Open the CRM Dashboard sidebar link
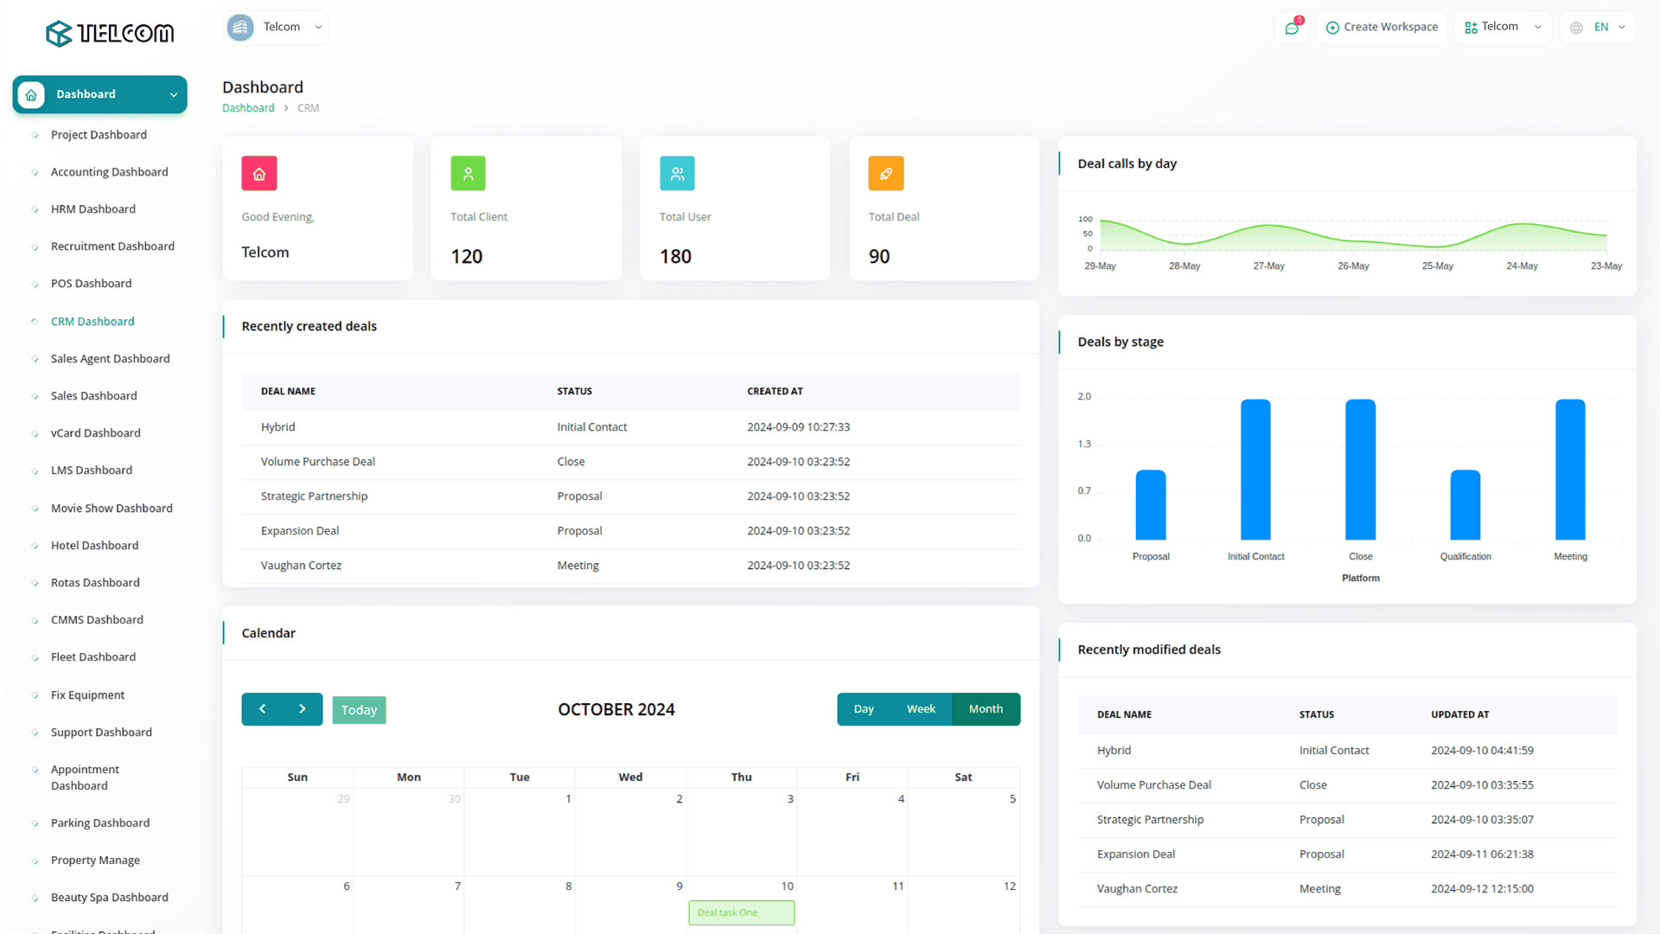click(x=93, y=322)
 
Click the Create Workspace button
click(x=1382, y=28)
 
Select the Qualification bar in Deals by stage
click(x=1465, y=505)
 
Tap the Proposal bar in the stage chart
click(x=1150, y=505)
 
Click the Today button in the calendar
click(x=359, y=710)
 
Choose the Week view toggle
click(x=921, y=709)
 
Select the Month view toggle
click(x=986, y=709)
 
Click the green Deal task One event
click(x=741, y=913)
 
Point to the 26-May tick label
click(x=1353, y=266)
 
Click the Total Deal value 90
click(x=879, y=257)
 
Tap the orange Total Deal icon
click(x=885, y=174)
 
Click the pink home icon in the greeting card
click(x=259, y=174)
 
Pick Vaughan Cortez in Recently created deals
click(x=301, y=566)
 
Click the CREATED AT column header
click(x=775, y=392)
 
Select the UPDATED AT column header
click(x=1459, y=715)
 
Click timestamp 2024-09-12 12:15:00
click(x=1482, y=889)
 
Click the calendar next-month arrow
click(x=303, y=709)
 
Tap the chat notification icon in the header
click(x=1292, y=29)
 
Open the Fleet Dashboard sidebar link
click(x=93, y=657)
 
